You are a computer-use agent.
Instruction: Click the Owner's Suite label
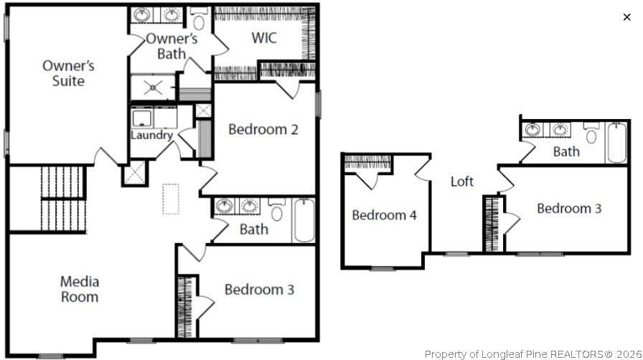pos(68,73)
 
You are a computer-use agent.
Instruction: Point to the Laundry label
pos(151,135)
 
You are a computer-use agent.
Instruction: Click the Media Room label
pos(80,289)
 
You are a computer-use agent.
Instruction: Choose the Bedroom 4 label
pos(384,214)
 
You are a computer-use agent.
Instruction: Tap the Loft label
pos(462,181)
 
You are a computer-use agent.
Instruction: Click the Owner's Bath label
pos(172,46)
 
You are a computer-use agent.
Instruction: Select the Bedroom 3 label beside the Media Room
pos(259,290)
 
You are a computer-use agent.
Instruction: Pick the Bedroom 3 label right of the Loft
pos(569,209)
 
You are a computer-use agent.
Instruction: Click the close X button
pos(626,17)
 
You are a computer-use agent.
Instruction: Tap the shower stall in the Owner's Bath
pos(152,87)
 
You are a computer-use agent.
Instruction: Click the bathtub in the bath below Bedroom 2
pos(304,219)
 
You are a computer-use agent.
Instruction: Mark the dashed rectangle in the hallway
pos(170,199)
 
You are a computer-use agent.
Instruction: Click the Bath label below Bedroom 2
pos(254,229)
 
